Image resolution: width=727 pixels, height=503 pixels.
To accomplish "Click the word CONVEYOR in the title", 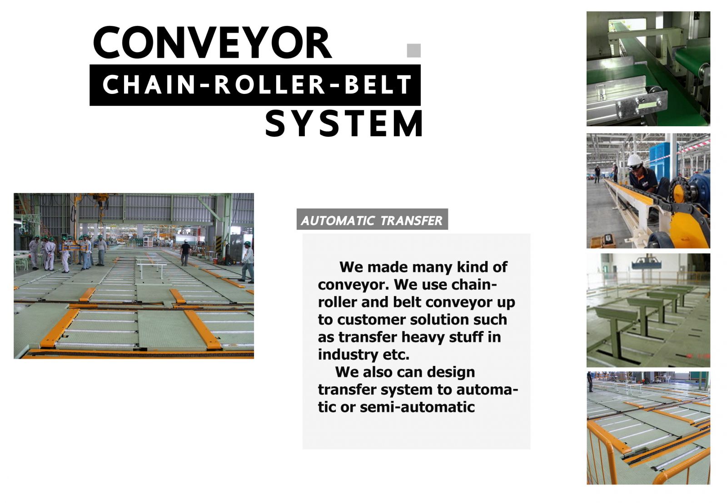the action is [213, 43].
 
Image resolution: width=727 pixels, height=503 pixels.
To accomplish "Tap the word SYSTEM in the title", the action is [344, 123].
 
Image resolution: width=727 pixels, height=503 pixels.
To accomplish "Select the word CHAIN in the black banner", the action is [149, 84].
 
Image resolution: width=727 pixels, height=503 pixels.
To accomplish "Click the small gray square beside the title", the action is [414, 50].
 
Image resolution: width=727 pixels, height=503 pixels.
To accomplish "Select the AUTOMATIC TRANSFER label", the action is [372, 220].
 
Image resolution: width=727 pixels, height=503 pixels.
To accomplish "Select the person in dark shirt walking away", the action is [185, 252].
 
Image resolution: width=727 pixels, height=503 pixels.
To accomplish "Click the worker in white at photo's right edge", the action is [248, 262].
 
